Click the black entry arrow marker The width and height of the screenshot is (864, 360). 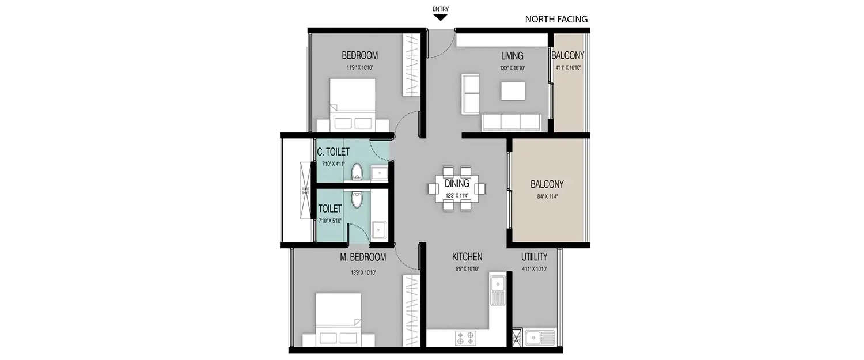[x=441, y=17]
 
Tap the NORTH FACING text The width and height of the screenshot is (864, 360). [x=556, y=19]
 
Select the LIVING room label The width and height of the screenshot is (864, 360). [x=511, y=56]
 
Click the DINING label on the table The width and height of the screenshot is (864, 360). [x=457, y=184]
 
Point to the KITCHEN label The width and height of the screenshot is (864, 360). [x=467, y=257]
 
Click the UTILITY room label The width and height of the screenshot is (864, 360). [x=534, y=257]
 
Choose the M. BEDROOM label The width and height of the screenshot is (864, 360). [x=362, y=257]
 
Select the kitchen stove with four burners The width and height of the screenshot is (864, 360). [x=465, y=337]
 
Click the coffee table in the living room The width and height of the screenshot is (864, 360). [x=513, y=91]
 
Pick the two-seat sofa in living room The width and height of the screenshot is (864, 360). [x=471, y=93]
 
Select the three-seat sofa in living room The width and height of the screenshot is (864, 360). [x=511, y=122]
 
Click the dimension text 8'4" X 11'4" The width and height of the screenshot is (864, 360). [x=547, y=196]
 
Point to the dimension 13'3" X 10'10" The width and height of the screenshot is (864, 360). [x=511, y=67]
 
